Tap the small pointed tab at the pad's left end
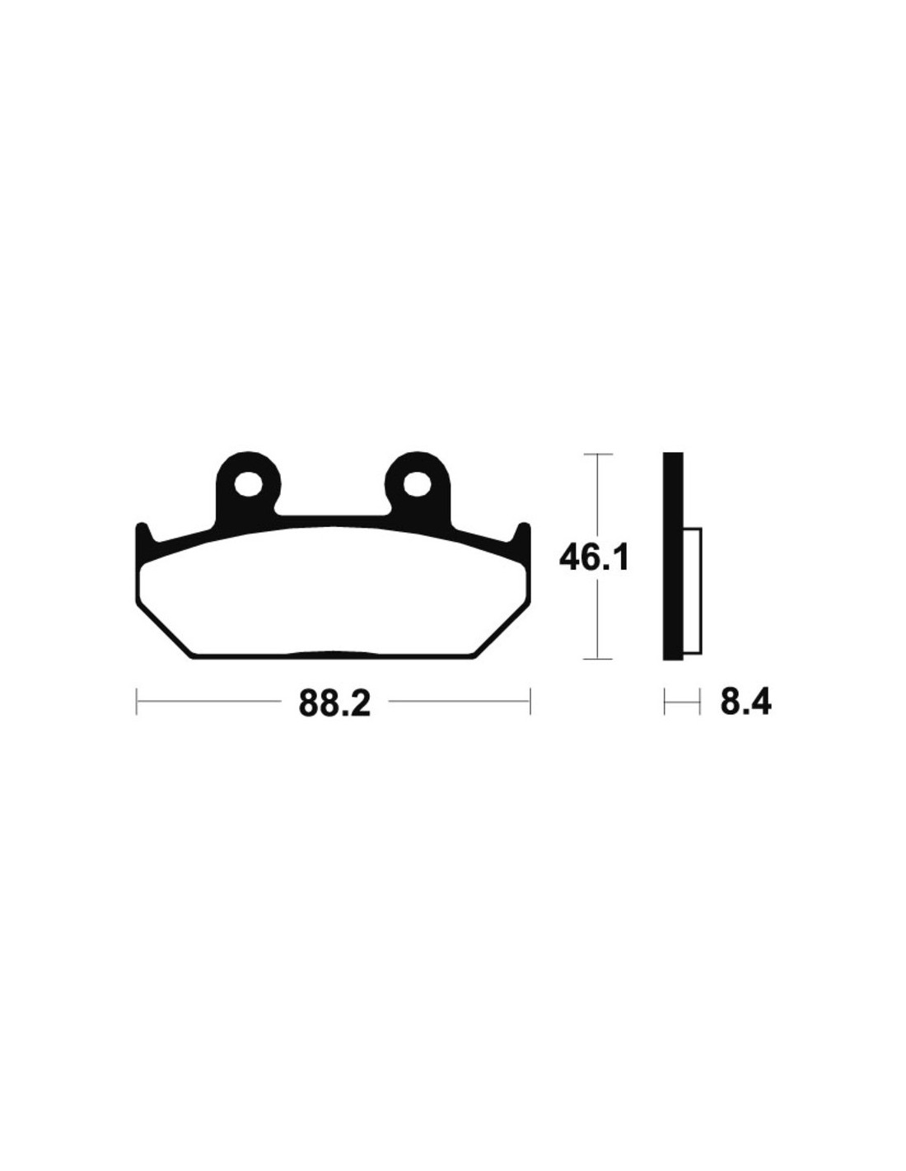click(142, 534)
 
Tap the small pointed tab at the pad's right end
click(523, 534)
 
